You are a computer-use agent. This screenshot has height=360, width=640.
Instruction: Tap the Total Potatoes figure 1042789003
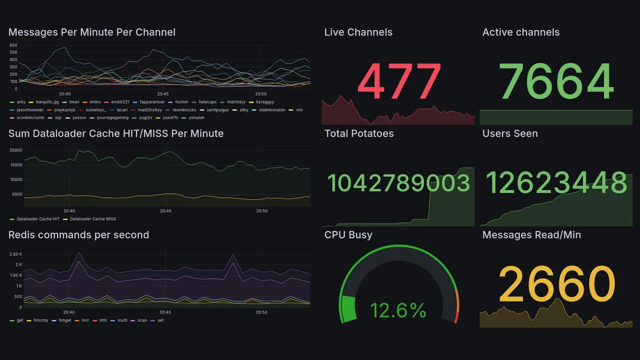click(398, 183)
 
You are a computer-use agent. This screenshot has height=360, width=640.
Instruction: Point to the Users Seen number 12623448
click(556, 183)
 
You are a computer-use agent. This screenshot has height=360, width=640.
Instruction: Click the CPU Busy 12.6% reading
click(398, 310)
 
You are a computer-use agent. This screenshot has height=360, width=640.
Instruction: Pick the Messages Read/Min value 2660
click(556, 284)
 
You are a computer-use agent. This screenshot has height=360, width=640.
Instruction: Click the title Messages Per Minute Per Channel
click(92, 32)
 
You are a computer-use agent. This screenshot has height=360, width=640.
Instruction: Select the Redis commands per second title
click(78, 235)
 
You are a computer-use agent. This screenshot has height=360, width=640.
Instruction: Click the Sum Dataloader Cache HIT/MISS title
click(116, 133)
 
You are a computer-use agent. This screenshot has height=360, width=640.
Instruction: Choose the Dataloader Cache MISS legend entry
click(92, 219)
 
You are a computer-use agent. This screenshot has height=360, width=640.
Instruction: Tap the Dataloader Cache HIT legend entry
click(38, 219)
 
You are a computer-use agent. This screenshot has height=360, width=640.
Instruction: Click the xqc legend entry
click(58, 118)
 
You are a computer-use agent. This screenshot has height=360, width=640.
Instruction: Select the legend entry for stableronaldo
click(269, 110)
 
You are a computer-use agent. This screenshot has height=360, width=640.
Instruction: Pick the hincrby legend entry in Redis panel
click(39, 320)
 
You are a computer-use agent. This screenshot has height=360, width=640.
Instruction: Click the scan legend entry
click(142, 320)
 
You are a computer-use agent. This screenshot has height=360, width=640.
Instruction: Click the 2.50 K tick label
click(15, 254)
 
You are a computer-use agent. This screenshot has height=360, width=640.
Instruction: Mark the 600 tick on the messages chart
click(13, 45)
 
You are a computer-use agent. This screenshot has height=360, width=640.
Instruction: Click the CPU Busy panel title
click(348, 235)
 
